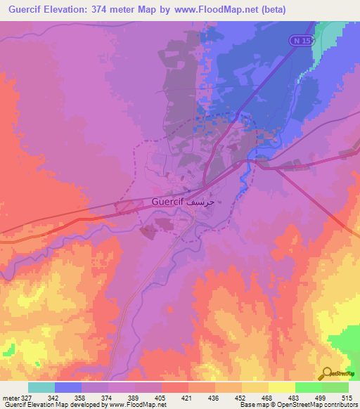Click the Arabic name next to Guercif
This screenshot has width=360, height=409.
[x=208, y=202]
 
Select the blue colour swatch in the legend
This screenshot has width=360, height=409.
[x=68, y=387]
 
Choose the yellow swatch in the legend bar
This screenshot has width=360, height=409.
[x=282, y=387]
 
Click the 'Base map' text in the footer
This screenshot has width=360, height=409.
[x=252, y=405]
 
